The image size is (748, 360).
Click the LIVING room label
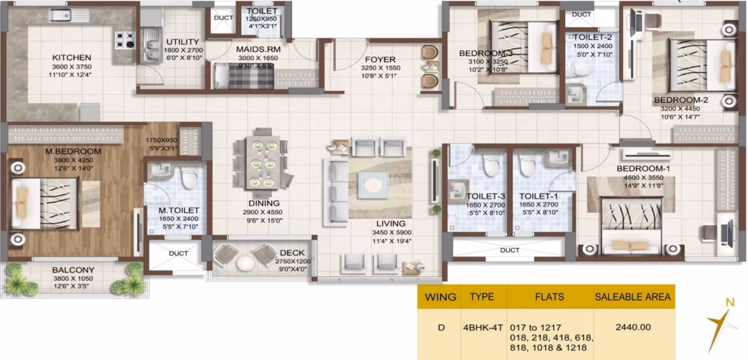click(x=390, y=223)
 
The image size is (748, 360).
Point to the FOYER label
click(x=380, y=60)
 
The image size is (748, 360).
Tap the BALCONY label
click(x=74, y=270)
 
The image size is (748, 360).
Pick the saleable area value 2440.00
click(x=633, y=328)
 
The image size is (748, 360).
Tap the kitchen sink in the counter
click(x=66, y=15)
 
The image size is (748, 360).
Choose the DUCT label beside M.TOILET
click(x=179, y=254)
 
